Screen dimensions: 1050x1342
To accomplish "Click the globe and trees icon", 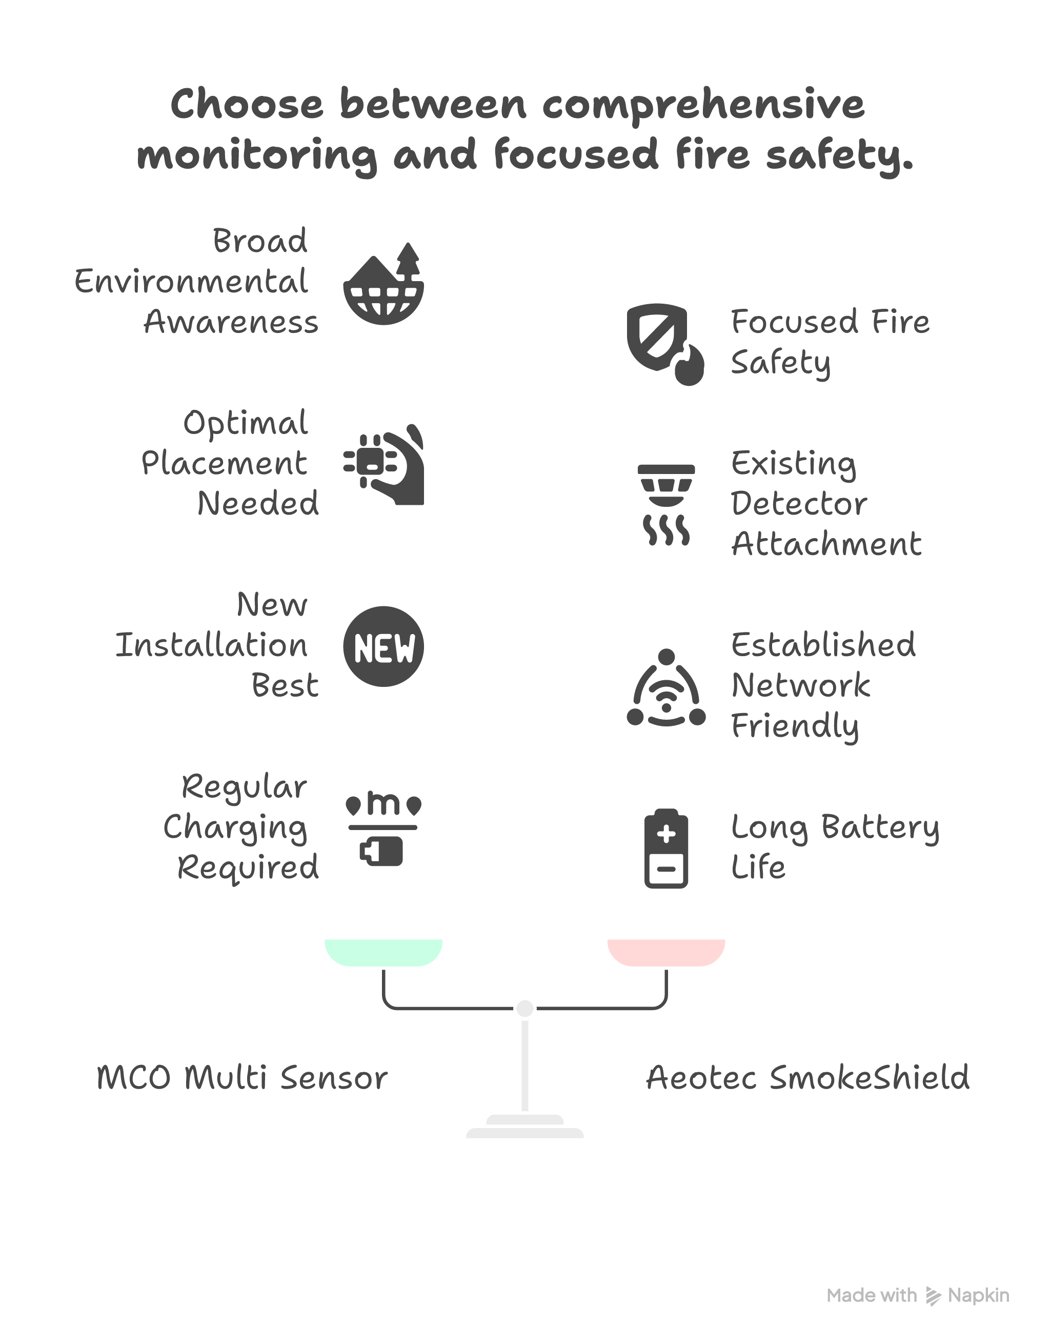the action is (383, 284).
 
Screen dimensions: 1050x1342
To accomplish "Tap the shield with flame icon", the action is (664, 343).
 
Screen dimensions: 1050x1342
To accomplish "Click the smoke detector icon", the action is (666, 504).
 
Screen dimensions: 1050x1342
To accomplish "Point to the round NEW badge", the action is (383, 646).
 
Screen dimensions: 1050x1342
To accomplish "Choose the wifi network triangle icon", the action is (666, 688).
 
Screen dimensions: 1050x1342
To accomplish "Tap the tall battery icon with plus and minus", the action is (666, 848).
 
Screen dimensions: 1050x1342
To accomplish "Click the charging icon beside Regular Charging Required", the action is (383, 831).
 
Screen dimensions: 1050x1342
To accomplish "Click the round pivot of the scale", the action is (524, 1008).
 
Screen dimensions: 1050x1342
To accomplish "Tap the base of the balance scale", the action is (524, 1127).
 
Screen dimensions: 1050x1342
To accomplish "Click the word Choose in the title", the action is (247, 105).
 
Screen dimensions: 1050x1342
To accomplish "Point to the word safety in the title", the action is (839, 155).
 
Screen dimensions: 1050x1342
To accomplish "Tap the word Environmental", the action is (191, 282).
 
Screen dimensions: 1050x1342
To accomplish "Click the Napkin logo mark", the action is (933, 1296).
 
